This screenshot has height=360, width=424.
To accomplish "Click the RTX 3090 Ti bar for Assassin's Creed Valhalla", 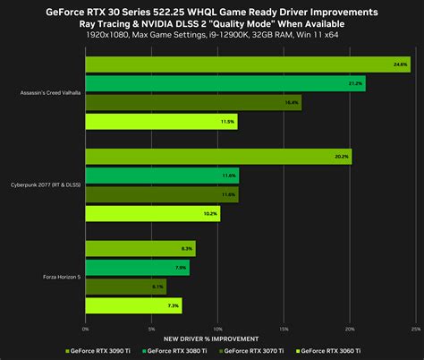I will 248,64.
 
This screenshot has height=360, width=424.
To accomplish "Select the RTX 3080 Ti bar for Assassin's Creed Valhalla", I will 225,83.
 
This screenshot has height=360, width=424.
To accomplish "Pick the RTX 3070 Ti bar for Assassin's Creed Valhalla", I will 193,102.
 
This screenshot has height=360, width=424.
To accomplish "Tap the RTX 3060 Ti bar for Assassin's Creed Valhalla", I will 161,121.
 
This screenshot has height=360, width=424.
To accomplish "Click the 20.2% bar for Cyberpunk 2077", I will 218,157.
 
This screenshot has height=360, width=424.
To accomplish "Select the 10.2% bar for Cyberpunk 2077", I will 152,213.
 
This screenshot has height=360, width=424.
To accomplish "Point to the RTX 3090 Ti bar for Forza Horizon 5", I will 140,248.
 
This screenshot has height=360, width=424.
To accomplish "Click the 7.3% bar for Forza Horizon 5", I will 133,305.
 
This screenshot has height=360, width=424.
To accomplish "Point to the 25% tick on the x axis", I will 414,329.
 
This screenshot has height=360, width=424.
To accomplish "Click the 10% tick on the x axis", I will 217,329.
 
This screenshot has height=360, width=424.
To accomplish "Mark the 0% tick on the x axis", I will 86,329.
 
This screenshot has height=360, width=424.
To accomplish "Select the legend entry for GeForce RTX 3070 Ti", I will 271,351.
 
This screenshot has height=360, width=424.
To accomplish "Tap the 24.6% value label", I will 401,64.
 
